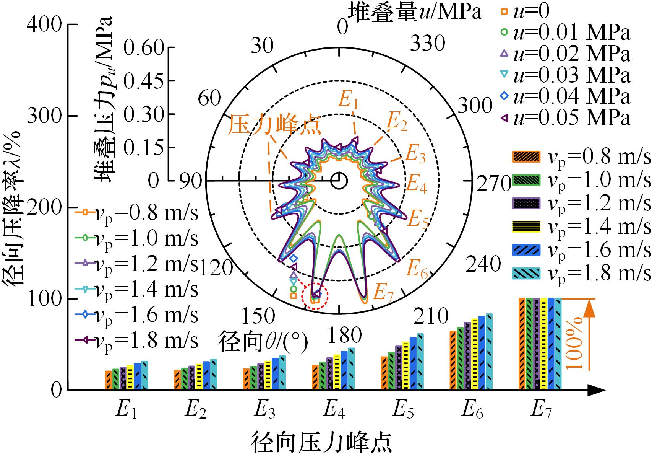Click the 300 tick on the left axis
[x=44, y=116]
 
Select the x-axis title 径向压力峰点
[x=321, y=443]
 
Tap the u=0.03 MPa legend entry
[x=566, y=75]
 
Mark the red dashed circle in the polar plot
[x=315, y=296]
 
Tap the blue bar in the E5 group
[x=413, y=363]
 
